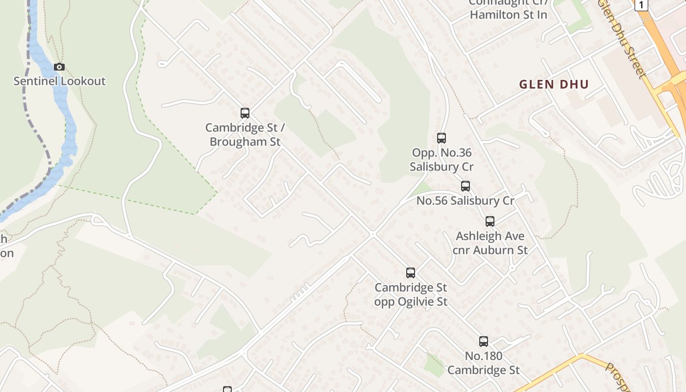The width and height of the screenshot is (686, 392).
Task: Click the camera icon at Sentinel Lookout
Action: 59,67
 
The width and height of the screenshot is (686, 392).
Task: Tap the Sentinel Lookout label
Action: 59,81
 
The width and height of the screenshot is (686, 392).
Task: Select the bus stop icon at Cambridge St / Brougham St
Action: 245,113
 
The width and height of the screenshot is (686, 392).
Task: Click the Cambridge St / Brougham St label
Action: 245,135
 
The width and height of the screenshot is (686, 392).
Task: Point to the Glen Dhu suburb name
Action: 554,84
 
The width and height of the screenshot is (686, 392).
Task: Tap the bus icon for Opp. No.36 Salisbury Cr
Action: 441,138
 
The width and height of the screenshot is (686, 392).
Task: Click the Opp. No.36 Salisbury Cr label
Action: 441,160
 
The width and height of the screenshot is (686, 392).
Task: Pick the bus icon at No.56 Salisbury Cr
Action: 465,186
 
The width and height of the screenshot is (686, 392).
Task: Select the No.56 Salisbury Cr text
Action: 465,201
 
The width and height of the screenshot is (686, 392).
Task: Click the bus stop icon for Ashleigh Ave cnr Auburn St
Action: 490,221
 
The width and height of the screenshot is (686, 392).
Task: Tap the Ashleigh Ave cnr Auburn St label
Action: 490,243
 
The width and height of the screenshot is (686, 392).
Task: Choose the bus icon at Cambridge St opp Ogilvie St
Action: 411,273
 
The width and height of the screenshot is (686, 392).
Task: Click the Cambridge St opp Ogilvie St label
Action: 411,294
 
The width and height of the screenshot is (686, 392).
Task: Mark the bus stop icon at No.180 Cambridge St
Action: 484,342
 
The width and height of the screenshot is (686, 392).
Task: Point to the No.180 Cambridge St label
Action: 484,363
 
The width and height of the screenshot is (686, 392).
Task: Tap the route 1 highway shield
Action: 641,5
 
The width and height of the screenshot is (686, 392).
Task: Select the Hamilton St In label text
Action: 508,15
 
